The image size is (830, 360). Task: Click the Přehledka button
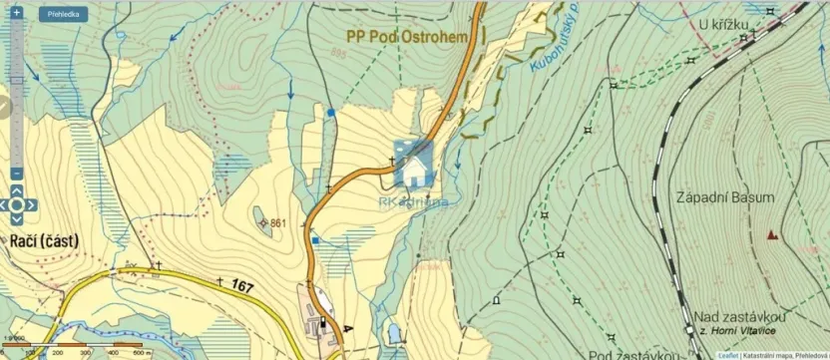tap(63, 14)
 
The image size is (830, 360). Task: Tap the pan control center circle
tap(17, 205)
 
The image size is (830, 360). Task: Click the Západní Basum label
tap(724, 197)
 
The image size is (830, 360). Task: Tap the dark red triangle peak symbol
tap(771, 235)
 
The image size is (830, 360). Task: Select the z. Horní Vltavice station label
tap(742, 329)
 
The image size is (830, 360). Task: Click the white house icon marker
tap(413, 165)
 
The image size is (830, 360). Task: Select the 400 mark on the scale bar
tap(113, 353)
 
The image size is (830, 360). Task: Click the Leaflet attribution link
tap(728, 355)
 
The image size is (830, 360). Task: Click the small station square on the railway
tap(689, 329)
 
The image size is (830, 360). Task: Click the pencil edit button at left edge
tap(4, 105)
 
